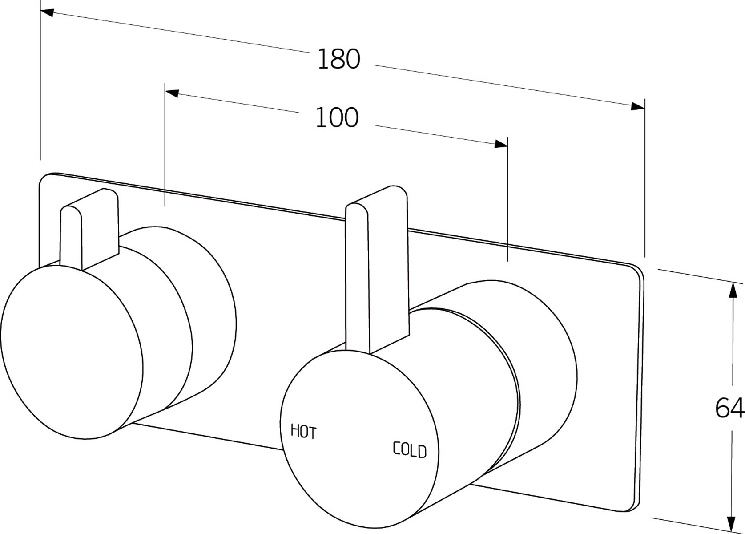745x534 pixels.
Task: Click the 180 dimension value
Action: (339, 59)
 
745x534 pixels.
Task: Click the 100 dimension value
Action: (337, 118)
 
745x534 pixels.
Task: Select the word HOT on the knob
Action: (303, 431)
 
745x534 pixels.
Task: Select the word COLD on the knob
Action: (410, 450)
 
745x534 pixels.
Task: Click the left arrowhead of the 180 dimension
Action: (47, 12)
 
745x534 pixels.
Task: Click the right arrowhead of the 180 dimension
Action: (637, 106)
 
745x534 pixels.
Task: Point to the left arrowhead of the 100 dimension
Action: (172, 93)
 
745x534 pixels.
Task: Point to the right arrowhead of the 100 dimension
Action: (501, 144)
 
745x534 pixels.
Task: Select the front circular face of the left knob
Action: (72, 352)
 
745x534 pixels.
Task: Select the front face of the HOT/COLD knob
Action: (359, 438)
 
